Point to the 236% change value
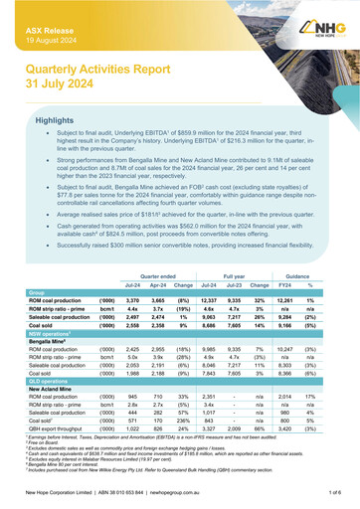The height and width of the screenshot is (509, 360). [x=185, y=445]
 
